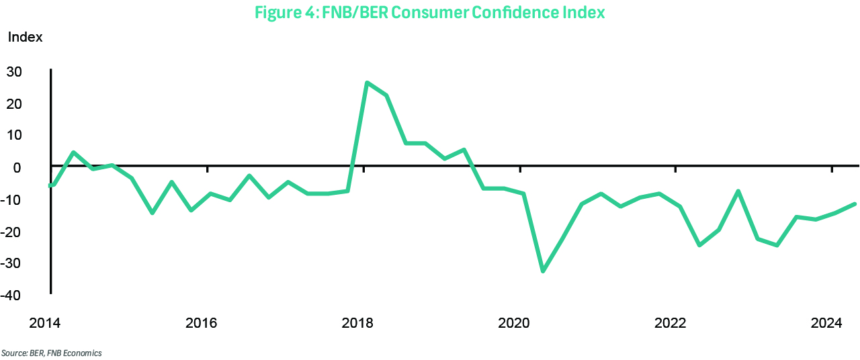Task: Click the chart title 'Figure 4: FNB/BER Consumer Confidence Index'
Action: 429,11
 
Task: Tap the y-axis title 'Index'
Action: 25,38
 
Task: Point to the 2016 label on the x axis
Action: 200,324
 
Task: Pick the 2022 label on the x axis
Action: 670,324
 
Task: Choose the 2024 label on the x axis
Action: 826,324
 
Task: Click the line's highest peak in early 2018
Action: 367,83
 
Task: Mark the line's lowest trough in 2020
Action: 543,271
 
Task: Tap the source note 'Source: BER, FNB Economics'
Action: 52,353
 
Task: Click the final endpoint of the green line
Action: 855,204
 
